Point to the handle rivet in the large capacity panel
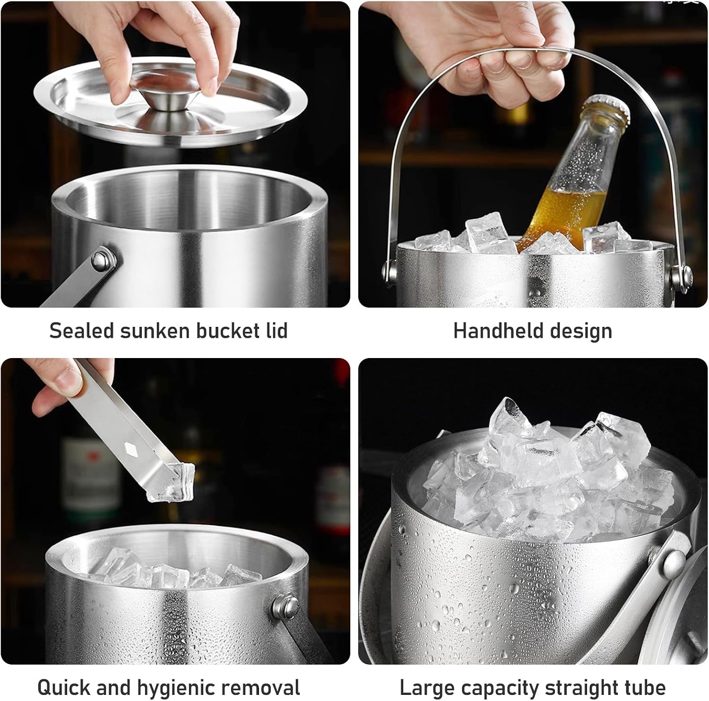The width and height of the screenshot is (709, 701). (672, 562)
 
